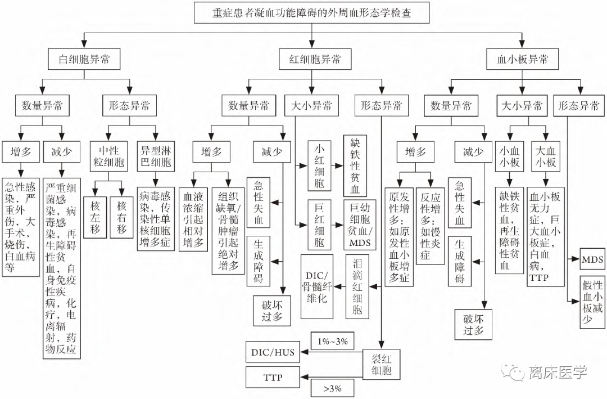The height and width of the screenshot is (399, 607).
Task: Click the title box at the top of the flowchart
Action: pos(310,12)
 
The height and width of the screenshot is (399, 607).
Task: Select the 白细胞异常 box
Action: pos(84,60)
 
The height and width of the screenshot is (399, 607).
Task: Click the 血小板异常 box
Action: pos(523,60)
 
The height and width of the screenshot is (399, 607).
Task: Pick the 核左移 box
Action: pos(95,217)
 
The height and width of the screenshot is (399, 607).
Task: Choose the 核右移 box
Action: pos(121,217)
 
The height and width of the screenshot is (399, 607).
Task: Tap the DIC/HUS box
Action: pos(272,352)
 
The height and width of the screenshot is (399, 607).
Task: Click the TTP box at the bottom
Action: pos(272,377)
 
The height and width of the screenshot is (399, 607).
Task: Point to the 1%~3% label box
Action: pos(332,341)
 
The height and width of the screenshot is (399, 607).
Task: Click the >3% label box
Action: pos(332,388)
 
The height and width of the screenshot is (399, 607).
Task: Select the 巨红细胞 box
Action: pos(319,225)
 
